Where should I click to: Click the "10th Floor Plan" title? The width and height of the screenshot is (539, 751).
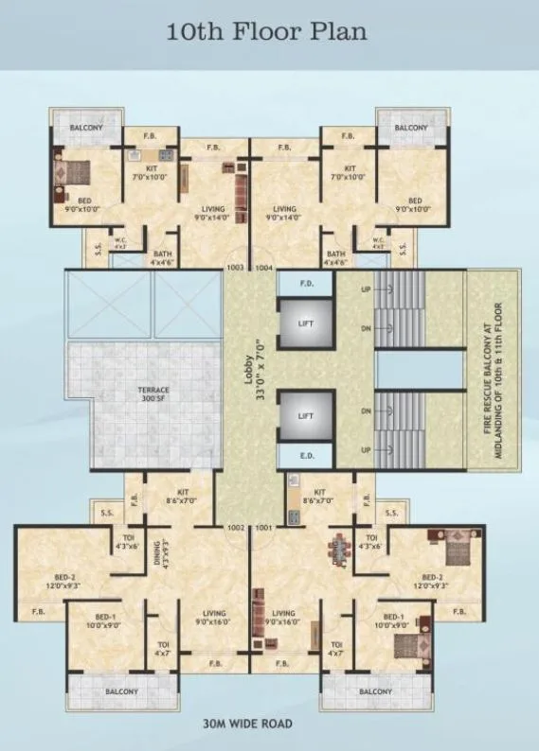pyautogui.click(x=267, y=32)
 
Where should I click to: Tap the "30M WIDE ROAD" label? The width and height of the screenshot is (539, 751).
pyautogui.click(x=248, y=725)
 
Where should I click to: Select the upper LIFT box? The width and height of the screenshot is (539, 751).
pyautogui.click(x=305, y=323)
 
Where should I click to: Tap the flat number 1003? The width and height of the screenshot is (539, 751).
pyautogui.click(x=236, y=268)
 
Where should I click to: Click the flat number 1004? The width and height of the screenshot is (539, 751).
pyautogui.click(x=264, y=268)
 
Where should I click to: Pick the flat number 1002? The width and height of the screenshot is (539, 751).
pyautogui.click(x=236, y=527)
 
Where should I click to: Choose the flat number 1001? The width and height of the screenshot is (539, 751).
pyautogui.click(x=264, y=527)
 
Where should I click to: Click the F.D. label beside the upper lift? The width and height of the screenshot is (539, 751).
pyautogui.click(x=306, y=283)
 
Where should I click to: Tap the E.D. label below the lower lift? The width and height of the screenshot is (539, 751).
pyautogui.click(x=306, y=456)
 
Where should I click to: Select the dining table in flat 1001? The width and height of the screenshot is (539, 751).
pyautogui.click(x=336, y=551)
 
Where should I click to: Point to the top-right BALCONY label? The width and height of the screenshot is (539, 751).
pyautogui.click(x=410, y=128)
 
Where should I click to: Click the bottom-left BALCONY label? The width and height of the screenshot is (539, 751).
pyautogui.click(x=117, y=691)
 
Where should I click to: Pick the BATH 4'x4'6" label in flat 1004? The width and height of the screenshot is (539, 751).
pyautogui.click(x=335, y=258)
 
